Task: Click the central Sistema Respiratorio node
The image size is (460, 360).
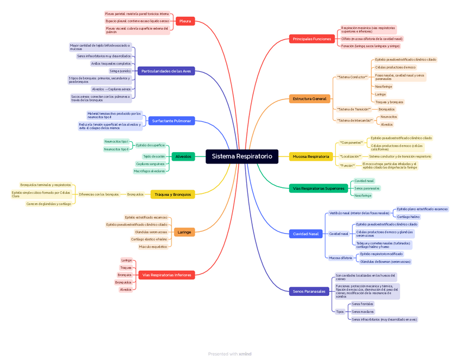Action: coord(242,156)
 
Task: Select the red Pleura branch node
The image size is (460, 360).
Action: coord(185,21)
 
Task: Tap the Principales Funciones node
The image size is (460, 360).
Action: coord(311,39)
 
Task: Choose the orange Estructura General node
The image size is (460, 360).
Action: coord(309,99)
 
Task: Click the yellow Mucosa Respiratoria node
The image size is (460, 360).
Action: coord(311,156)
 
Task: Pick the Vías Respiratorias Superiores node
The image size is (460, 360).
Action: coord(318,188)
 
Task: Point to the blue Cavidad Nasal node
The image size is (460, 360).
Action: coord(306,233)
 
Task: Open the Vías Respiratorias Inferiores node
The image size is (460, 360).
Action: coord(167,275)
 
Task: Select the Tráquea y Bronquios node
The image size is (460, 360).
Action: coord(173,194)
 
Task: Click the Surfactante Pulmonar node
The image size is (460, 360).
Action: coord(171,121)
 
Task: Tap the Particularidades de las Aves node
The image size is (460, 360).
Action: coord(166,71)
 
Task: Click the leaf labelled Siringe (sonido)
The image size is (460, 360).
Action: coord(120,71)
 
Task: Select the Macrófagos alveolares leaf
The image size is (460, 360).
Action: coord(149,171)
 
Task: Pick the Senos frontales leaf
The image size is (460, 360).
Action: coord(362,304)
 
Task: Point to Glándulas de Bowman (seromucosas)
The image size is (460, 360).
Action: coord(385,262)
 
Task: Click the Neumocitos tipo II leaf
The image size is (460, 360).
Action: coord(117,149)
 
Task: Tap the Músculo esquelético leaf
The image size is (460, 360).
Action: coord(153,247)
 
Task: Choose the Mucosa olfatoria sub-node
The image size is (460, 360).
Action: coord(341,258)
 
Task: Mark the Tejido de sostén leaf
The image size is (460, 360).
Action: coord(154,156)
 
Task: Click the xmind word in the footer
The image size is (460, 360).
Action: coord(245,354)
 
